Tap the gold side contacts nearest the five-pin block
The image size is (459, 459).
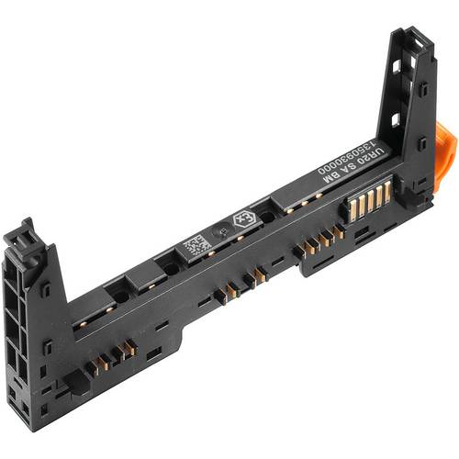click(317, 244)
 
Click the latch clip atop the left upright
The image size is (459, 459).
click(21, 238)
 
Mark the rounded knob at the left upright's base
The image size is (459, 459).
click(80, 383)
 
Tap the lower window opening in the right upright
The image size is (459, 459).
click(395, 119)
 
